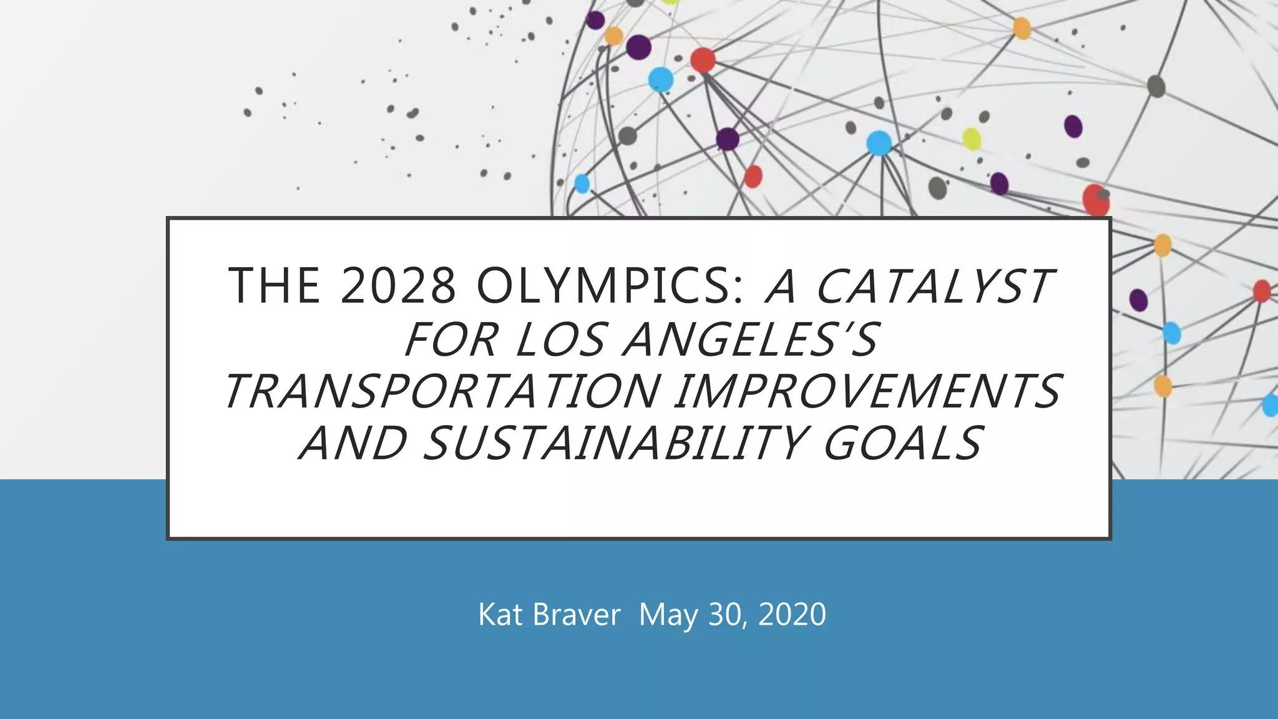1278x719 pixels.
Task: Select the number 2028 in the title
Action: point(398,286)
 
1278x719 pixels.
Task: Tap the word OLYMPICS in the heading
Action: point(610,286)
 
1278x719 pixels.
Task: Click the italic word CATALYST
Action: point(934,286)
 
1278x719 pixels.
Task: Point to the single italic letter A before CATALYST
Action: point(781,286)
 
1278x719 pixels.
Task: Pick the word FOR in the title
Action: point(451,340)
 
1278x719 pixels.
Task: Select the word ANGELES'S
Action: point(751,340)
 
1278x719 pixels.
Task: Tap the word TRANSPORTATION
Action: point(442,392)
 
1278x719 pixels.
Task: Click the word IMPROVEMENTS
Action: point(867,392)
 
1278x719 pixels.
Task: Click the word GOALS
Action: point(902,444)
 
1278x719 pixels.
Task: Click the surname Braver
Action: point(577,615)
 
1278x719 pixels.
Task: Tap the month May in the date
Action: point(668,615)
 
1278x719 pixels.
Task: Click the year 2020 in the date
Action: point(792,615)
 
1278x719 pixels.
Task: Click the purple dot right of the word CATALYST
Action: point(1138,300)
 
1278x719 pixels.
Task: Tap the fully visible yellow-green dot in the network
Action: point(971,139)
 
